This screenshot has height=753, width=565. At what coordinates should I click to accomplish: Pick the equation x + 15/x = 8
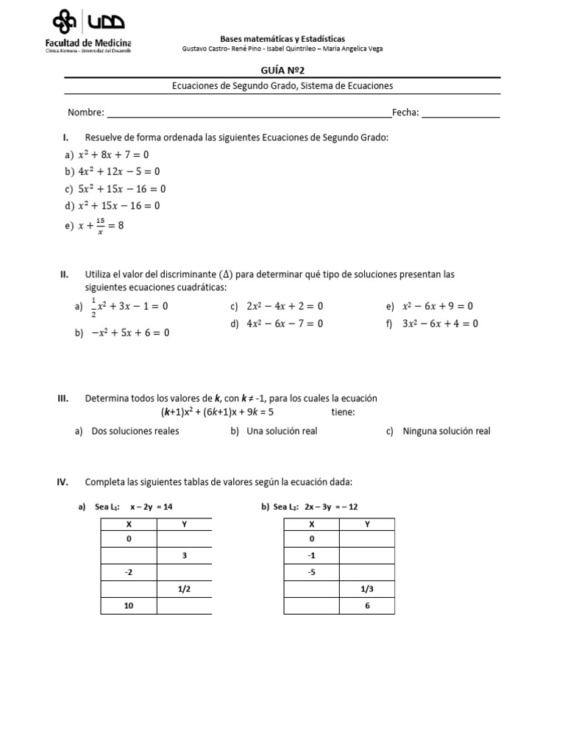(x=102, y=226)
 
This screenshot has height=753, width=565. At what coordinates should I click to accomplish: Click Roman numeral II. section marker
(x=64, y=274)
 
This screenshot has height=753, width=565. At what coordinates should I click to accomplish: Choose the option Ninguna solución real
(x=446, y=431)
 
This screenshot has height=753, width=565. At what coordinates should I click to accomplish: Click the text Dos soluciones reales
(x=135, y=431)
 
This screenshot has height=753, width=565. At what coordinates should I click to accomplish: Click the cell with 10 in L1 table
(x=128, y=605)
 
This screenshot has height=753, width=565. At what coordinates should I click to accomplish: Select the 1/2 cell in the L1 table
(x=184, y=589)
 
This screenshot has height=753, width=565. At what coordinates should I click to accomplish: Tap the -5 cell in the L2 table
(x=311, y=572)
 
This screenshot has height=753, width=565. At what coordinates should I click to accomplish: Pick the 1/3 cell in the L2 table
(x=367, y=589)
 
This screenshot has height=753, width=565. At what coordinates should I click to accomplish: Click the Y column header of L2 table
(x=367, y=524)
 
